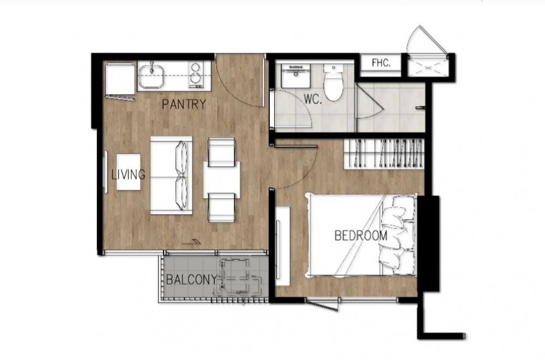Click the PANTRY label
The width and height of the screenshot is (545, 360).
click(184, 104)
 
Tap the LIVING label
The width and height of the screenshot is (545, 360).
click(129, 175)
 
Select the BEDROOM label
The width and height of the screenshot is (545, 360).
click(361, 236)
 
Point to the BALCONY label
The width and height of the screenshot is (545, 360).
click(191, 280)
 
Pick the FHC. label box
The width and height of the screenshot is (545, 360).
click(381, 63)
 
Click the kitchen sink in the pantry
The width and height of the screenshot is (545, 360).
click(151, 76)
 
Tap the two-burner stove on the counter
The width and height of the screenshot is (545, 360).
click(196, 75)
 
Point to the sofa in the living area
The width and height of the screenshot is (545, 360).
click(171, 175)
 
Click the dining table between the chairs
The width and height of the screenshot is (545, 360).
click(222, 180)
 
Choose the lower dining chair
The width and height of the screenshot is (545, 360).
click(222, 208)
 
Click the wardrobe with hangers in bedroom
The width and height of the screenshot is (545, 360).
click(384, 153)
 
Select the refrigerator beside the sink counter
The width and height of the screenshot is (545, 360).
click(119, 80)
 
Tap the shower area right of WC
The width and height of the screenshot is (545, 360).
click(391, 107)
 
